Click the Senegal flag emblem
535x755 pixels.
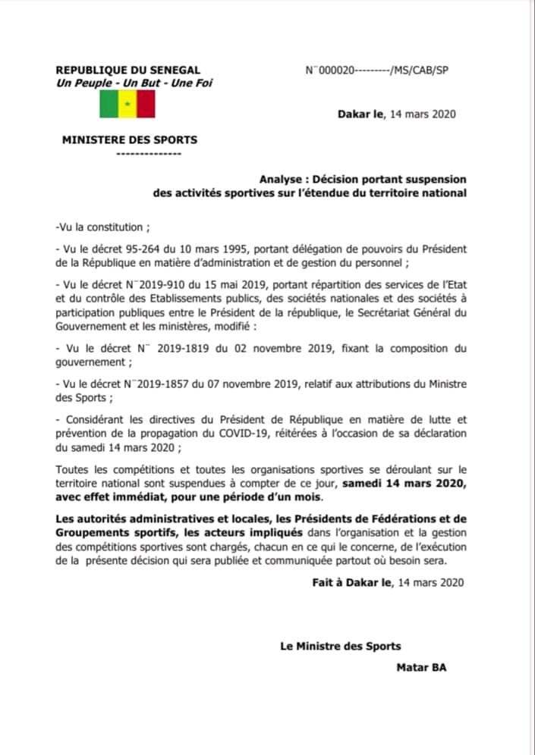coord(127,104)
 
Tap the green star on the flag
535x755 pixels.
coord(127,104)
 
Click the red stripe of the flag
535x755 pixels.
coord(146,104)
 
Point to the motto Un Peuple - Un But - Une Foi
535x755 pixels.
coord(134,83)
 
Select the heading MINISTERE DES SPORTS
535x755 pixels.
coord(130,139)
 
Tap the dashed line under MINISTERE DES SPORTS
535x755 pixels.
coord(149,154)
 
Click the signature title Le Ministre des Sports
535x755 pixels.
coord(341,647)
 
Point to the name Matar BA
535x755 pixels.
coord(421,668)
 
